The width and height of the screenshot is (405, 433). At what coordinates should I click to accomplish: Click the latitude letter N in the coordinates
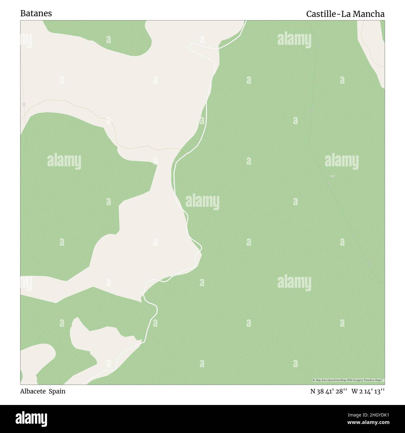click(x=313, y=391)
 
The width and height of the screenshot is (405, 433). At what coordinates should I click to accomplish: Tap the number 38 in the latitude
click(x=321, y=391)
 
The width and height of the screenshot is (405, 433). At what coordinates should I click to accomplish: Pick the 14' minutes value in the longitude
click(x=368, y=391)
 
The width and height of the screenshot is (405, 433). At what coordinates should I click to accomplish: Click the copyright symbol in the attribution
click(x=314, y=380)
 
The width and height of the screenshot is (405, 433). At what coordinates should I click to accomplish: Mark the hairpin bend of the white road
click(x=190, y=46)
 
